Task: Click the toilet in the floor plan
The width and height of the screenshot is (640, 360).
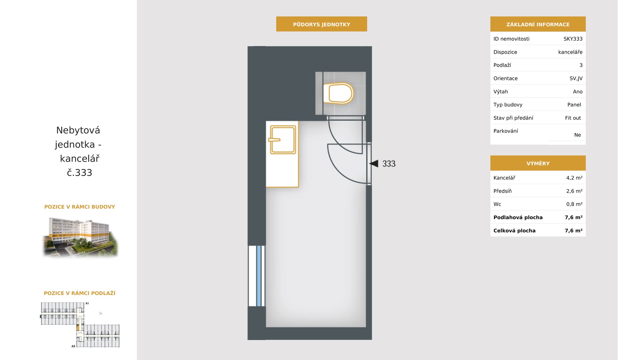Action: click(338, 93)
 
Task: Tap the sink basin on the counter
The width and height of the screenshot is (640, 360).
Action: click(283, 140)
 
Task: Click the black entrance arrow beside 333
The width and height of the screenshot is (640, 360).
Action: click(374, 163)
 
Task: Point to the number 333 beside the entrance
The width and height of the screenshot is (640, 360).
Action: click(389, 164)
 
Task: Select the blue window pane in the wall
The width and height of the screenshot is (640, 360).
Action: click(259, 276)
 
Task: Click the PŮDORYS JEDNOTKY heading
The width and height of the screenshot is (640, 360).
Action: click(322, 24)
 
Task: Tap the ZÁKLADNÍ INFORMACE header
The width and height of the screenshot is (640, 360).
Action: click(538, 24)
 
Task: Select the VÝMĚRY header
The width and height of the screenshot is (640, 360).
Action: click(538, 163)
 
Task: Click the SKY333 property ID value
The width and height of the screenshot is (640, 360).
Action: click(573, 39)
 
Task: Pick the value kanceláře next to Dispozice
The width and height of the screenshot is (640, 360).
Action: click(570, 52)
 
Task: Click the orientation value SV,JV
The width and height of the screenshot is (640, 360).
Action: click(576, 78)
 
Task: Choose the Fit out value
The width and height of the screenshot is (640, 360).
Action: click(573, 118)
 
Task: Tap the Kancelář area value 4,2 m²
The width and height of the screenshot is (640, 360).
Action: click(574, 178)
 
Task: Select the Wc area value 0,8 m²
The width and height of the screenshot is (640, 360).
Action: click(574, 204)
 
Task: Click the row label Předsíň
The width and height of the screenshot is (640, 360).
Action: click(502, 191)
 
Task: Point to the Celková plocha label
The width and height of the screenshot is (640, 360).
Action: click(514, 230)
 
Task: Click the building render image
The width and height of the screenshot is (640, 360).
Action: click(80, 237)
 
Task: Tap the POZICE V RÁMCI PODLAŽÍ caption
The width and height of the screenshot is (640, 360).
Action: click(80, 293)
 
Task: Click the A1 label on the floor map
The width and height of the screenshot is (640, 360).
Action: click(87, 303)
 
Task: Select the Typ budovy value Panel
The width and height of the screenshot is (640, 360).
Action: click(574, 105)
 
